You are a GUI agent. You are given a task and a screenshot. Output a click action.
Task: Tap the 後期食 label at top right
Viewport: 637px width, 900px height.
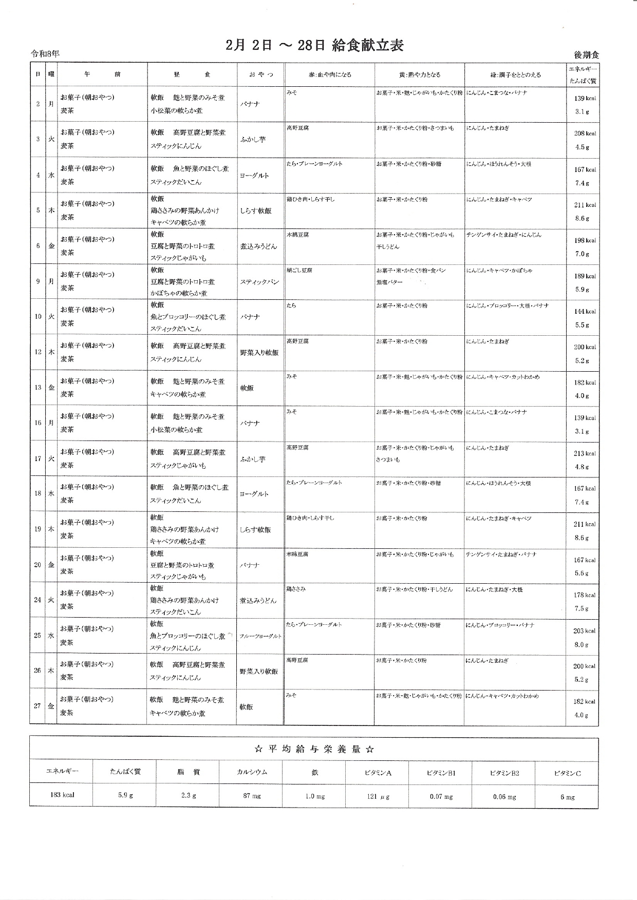click(x=587, y=55)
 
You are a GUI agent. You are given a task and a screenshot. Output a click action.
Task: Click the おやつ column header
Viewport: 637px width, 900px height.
click(x=261, y=74)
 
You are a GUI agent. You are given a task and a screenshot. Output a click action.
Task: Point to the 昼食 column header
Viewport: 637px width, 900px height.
click(x=192, y=74)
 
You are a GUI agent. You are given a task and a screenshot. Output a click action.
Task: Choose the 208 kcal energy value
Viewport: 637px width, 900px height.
click(x=585, y=133)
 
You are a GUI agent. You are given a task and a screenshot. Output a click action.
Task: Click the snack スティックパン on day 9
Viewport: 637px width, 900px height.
click(x=259, y=282)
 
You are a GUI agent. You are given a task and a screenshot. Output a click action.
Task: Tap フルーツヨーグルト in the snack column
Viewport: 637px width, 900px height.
click(x=260, y=636)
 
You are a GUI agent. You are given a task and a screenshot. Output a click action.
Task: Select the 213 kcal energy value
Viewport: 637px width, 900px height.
click(x=585, y=453)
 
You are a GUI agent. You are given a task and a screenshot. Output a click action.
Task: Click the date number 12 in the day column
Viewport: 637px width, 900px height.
click(x=38, y=352)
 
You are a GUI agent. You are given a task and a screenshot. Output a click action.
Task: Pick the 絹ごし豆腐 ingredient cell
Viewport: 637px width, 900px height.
click(x=299, y=270)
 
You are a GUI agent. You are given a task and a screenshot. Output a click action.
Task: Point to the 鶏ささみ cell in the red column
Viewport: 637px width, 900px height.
click(x=296, y=589)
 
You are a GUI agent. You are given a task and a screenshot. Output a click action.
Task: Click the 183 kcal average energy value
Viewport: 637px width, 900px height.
click(x=62, y=795)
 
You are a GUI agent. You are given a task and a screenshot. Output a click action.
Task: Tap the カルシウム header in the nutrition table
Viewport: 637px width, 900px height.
click(x=252, y=772)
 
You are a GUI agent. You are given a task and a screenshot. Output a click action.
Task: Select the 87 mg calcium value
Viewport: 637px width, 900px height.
click(x=252, y=796)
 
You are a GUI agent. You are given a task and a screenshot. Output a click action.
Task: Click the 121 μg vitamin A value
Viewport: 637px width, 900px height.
click(x=379, y=796)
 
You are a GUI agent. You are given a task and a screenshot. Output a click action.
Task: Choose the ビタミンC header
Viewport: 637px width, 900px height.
click(x=567, y=773)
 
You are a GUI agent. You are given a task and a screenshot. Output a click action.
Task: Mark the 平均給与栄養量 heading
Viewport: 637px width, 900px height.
click(x=314, y=749)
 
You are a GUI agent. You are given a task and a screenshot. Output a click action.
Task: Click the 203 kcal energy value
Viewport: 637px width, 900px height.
click(x=584, y=631)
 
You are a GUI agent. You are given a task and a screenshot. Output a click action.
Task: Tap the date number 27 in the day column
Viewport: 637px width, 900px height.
click(x=38, y=706)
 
